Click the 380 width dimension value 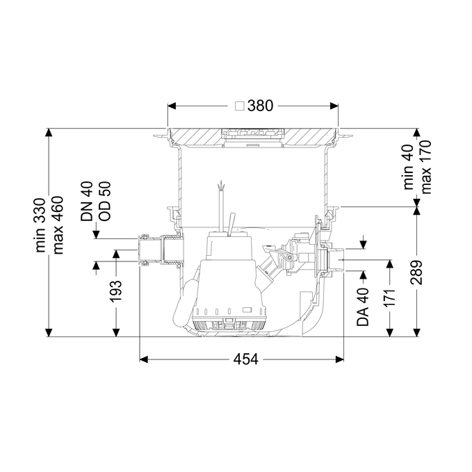pyautogui.click(x=260, y=106)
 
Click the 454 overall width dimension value pyautogui.click(x=245, y=359)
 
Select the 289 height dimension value pyautogui.click(x=416, y=272)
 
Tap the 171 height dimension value pyautogui.click(x=390, y=298)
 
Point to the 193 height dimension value pyautogui.click(x=115, y=291)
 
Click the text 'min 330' pyautogui.click(x=40, y=225)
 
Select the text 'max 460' pyautogui.click(x=57, y=225)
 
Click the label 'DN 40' pyautogui.click(x=87, y=202)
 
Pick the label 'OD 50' pyautogui.click(x=104, y=202)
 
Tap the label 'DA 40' pyautogui.click(x=363, y=307)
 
